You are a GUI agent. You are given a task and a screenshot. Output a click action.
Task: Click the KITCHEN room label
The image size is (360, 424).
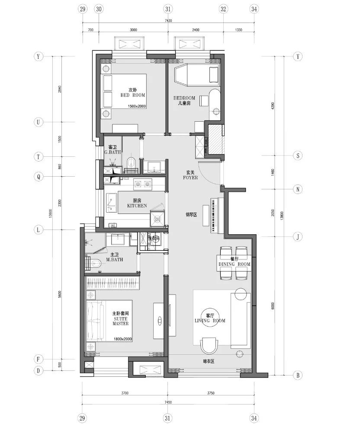[x=137, y=206]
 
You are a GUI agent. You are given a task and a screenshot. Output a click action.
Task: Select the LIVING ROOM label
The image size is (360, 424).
[x=210, y=321]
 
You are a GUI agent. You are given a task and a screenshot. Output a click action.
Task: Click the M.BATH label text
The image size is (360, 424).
[x=115, y=260]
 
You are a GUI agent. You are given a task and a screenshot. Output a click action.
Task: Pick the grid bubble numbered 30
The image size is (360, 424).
[x=99, y=9]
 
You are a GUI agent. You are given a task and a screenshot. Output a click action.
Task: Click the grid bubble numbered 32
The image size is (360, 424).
[x=223, y=9]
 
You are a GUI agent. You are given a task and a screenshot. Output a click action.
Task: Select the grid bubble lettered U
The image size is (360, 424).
[x=39, y=123]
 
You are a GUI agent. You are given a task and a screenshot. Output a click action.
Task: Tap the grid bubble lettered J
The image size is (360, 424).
[x=297, y=236]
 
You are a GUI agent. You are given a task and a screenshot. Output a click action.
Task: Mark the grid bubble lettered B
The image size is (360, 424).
[x=297, y=375]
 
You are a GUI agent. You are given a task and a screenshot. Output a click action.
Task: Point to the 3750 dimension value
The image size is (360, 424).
[x=211, y=394]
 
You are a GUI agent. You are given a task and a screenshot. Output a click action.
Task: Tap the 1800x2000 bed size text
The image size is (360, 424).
[x=123, y=339]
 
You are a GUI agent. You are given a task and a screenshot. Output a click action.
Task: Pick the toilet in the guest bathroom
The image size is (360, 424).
[x=132, y=162]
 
